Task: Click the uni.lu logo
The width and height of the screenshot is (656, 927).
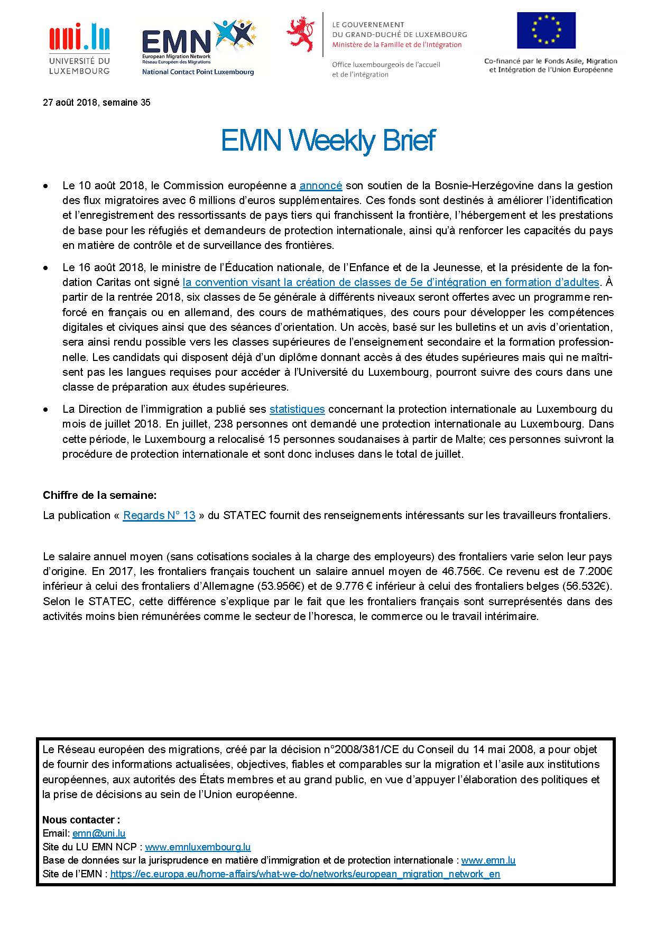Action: click(x=79, y=48)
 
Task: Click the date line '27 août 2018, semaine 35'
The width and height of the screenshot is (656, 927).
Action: click(x=96, y=103)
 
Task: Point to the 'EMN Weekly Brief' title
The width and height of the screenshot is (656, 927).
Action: click(x=328, y=141)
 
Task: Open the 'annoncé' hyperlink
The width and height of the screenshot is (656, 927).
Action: click(x=321, y=186)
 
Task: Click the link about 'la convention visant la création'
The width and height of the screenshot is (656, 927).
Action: click(x=391, y=282)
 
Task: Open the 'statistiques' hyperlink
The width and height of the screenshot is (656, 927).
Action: click(x=297, y=409)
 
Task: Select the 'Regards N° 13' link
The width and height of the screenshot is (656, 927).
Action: click(x=159, y=515)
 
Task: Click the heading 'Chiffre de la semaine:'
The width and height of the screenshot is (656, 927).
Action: click(x=99, y=495)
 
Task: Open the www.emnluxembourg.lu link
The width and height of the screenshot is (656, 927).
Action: click(x=198, y=847)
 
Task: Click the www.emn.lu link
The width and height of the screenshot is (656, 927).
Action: click(x=488, y=860)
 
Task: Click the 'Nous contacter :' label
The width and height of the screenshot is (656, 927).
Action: click(x=81, y=820)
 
